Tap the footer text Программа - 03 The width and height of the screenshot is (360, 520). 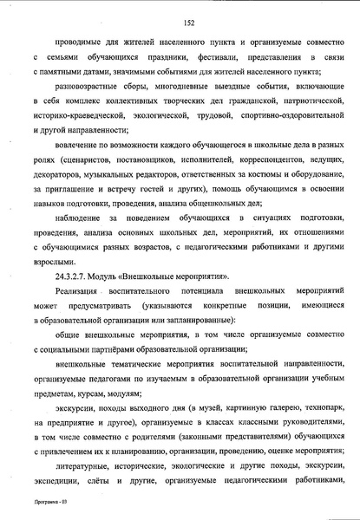(x=40, y=502)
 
